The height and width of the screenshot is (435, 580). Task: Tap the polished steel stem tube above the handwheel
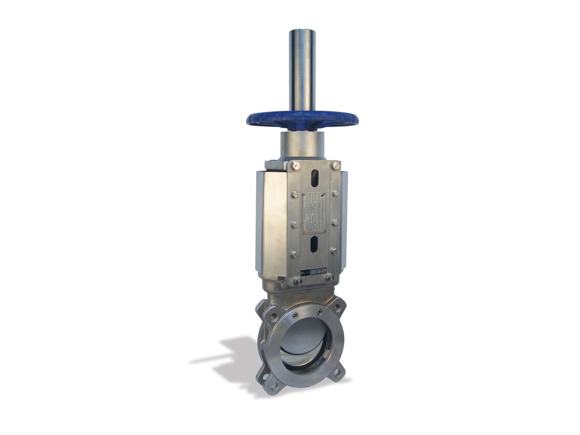pos(302,68)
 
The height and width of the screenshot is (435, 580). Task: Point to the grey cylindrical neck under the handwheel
pos(301,145)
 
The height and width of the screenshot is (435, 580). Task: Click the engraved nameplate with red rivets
pos(314,211)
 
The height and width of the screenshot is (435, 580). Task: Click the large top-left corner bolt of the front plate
pos(295,166)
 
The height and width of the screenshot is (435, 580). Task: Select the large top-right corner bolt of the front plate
pos(334,165)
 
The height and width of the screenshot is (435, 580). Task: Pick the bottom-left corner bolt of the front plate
pos(298,280)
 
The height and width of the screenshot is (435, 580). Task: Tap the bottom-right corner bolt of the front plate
pos(330,277)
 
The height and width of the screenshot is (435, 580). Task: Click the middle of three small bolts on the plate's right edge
pos(334,222)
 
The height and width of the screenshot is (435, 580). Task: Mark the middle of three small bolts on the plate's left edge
pos(294,224)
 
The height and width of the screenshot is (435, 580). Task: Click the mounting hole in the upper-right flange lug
pos(336,307)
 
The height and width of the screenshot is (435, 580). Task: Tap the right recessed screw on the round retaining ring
pos(319,313)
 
